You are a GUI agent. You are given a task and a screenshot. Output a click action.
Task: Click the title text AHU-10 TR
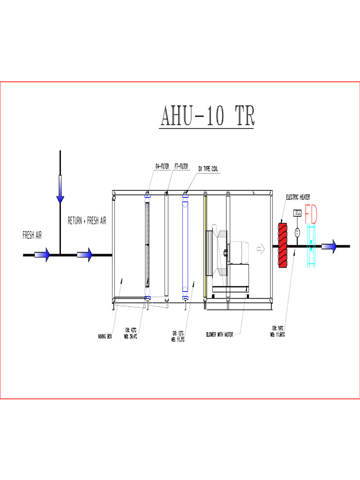point(206,117)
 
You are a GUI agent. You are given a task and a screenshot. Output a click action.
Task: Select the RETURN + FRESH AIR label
point(87,221)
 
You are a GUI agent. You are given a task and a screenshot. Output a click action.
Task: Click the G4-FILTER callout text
point(162,166)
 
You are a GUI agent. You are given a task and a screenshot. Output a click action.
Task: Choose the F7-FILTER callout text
point(181,166)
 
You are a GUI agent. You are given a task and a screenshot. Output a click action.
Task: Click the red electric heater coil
point(284,246)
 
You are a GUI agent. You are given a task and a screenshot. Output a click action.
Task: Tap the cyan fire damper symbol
point(310,246)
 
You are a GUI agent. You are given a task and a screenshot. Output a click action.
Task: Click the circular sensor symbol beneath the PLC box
point(297,232)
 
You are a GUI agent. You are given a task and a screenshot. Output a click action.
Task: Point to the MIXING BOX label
point(105,336)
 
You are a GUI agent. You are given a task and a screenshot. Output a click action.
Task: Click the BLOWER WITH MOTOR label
point(223,335)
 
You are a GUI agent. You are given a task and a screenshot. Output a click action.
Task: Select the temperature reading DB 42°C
point(131,330)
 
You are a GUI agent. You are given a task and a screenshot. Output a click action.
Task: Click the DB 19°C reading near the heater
point(278,328)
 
